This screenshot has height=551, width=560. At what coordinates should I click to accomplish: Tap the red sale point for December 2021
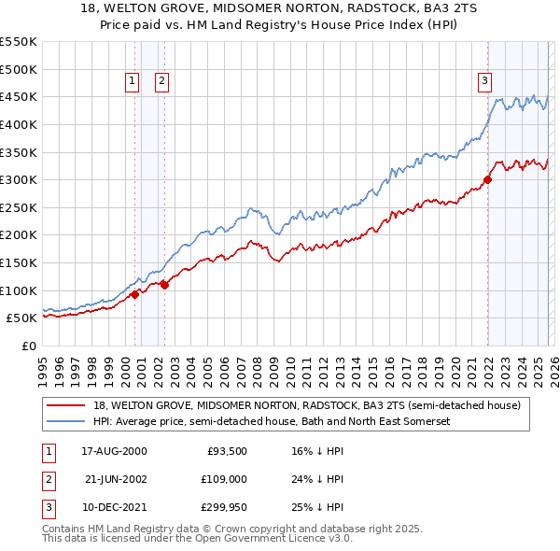pyautogui.click(x=487, y=179)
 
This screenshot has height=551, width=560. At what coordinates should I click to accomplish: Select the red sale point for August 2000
pyautogui.click(x=134, y=294)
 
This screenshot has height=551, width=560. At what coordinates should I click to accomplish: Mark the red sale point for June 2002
pyautogui.click(x=164, y=285)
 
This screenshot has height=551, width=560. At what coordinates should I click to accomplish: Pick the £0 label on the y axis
pyautogui.click(x=28, y=346)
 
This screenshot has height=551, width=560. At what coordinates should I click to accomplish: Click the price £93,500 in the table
pyautogui.click(x=227, y=451)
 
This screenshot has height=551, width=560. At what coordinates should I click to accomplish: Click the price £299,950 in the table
pyautogui.click(x=224, y=507)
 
